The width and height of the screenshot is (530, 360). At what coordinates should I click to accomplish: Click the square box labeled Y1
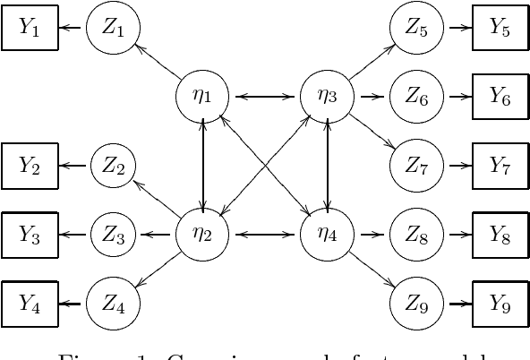click(30, 30)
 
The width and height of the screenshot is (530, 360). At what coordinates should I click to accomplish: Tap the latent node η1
click(205, 95)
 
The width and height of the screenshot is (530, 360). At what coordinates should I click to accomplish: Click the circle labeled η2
click(205, 236)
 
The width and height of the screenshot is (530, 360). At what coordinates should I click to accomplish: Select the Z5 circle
click(416, 29)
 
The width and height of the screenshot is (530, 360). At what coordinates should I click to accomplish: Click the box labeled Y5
click(500, 29)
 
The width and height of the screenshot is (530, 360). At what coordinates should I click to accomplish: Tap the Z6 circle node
click(416, 98)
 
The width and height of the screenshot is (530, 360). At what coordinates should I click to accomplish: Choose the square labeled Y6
click(500, 98)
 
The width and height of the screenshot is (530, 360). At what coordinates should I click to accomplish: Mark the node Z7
click(416, 167)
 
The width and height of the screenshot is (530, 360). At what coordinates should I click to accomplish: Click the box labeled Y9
click(500, 304)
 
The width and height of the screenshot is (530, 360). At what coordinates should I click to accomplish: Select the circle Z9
click(416, 304)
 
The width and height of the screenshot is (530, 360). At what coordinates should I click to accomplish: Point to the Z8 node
click(416, 236)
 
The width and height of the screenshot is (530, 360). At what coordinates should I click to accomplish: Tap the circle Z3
click(114, 236)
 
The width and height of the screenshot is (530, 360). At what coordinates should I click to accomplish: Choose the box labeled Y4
click(30, 304)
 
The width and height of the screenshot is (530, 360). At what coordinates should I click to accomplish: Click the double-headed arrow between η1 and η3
click(267, 95)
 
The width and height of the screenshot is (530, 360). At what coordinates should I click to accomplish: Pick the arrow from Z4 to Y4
click(73, 304)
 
